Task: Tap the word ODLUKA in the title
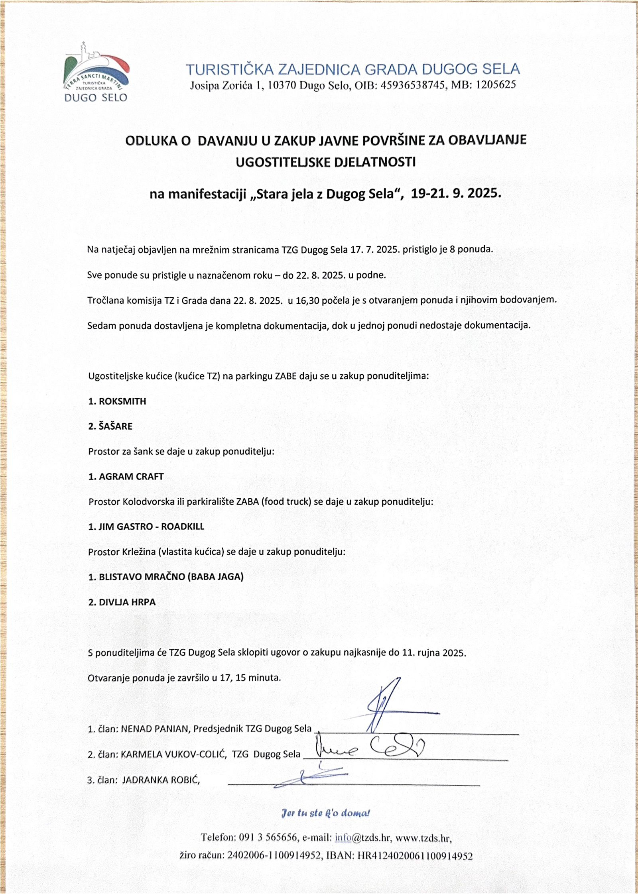[158, 141]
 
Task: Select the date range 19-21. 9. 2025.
[455, 194]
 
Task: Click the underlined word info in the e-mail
[343, 837]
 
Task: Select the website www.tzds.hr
[423, 838]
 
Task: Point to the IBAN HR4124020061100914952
[415, 856]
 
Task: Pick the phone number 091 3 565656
[268, 837]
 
